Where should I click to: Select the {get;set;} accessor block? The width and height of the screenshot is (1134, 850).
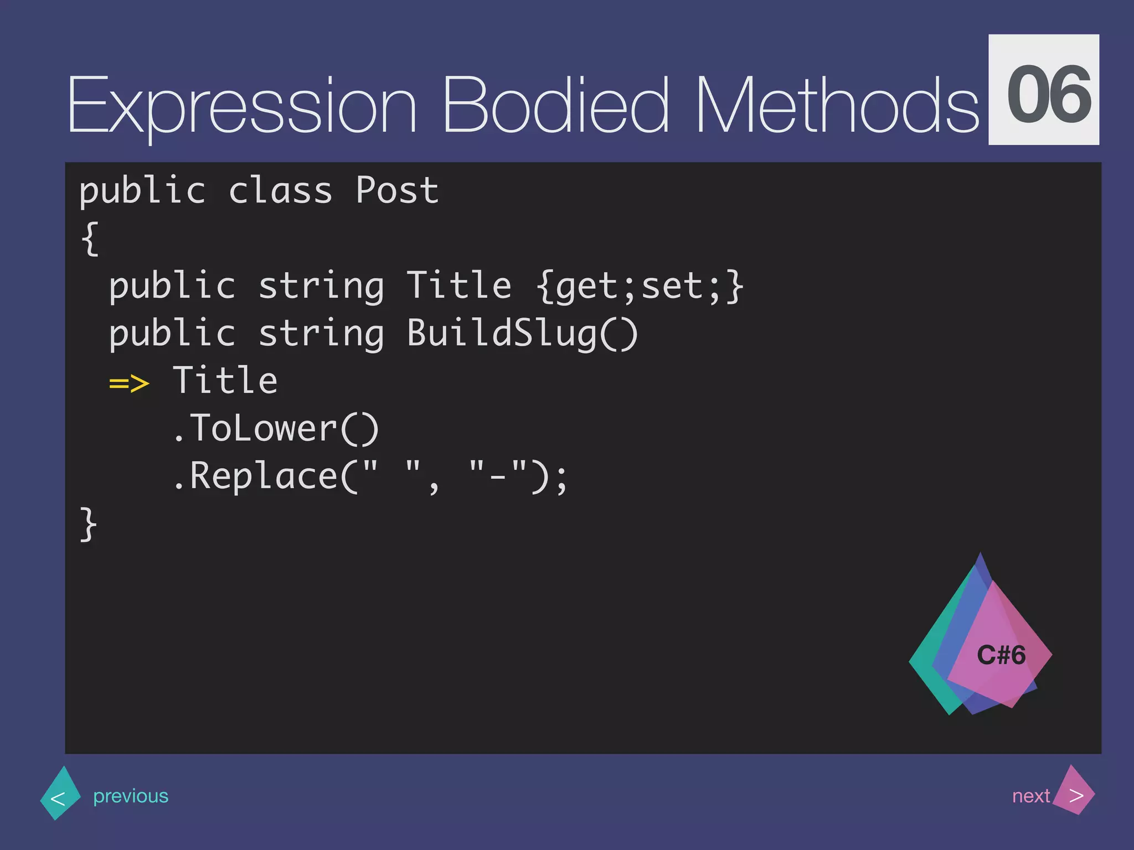(x=640, y=287)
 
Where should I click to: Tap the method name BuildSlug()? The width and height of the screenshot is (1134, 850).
(x=522, y=334)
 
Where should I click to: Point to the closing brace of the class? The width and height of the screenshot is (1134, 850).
(x=88, y=524)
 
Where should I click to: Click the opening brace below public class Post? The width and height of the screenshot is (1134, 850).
(x=90, y=239)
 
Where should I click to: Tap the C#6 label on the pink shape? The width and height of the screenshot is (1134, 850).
(x=1001, y=655)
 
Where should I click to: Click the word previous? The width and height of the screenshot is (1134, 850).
(x=131, y=796)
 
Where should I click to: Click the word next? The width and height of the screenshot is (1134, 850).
(x=1030, y=796)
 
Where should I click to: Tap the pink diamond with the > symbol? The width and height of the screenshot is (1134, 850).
(x=1075, y=791)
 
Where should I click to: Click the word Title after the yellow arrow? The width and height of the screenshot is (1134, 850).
(x=225, y=381)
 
